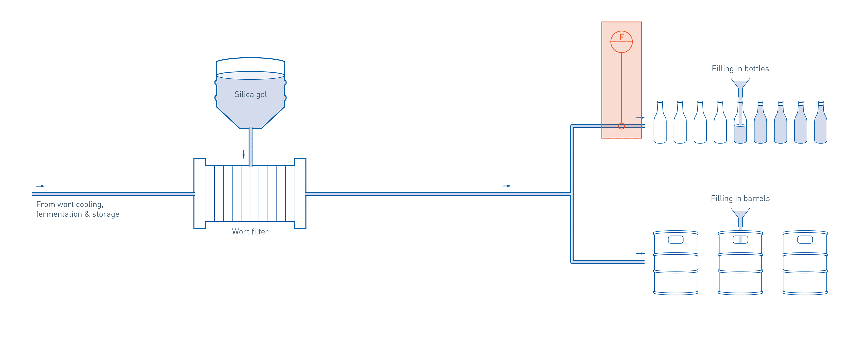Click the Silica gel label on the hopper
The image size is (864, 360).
tap(251, 95)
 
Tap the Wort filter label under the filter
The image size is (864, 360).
tap(250, 232)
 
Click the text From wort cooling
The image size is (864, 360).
tap(70, 204)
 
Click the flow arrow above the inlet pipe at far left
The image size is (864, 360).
tap(40, 186)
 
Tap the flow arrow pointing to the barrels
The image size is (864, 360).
tap(640, 253)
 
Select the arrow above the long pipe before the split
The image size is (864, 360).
tap(507, 186)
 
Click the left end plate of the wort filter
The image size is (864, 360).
tap(200, 193)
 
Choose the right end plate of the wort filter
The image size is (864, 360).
tap(300, 193)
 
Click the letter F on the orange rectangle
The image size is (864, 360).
tap(621, 37)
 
